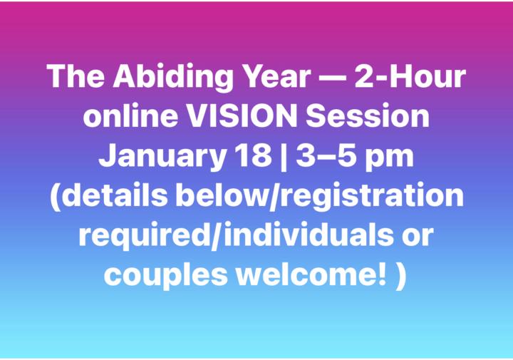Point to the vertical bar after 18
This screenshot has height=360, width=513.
[289, 156]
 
